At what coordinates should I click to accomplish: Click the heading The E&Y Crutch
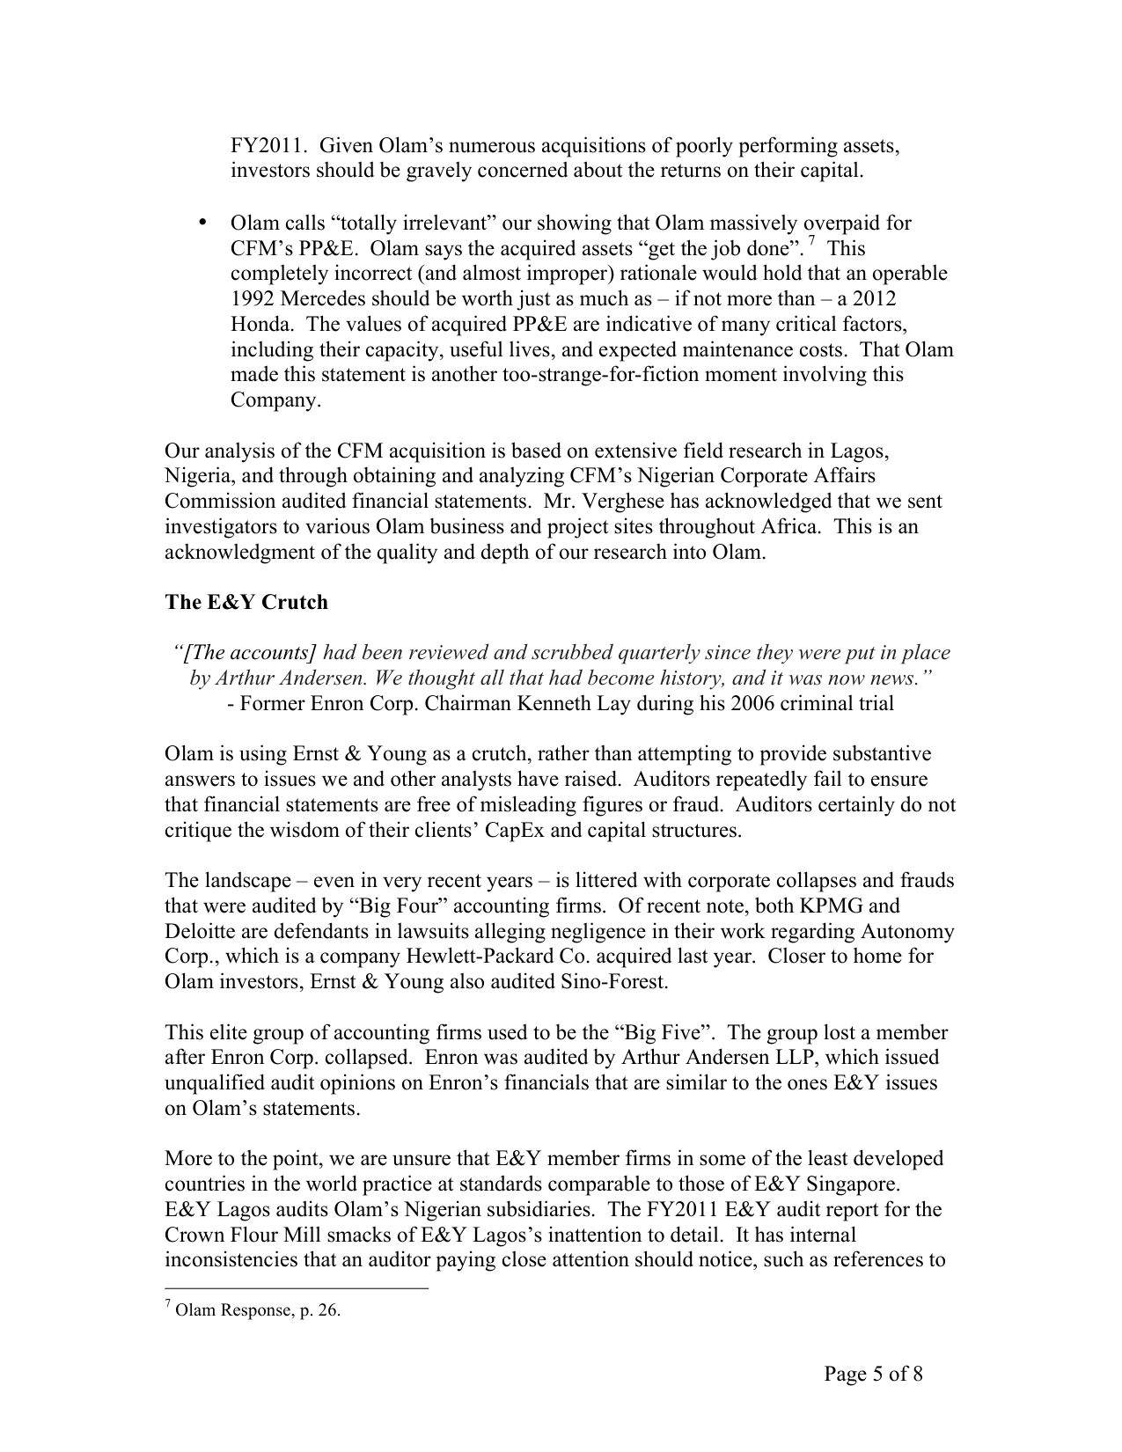(246, 603)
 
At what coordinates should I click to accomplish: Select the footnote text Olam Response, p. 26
(258, 1310)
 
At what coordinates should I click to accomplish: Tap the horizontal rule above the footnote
(297, 1288)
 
